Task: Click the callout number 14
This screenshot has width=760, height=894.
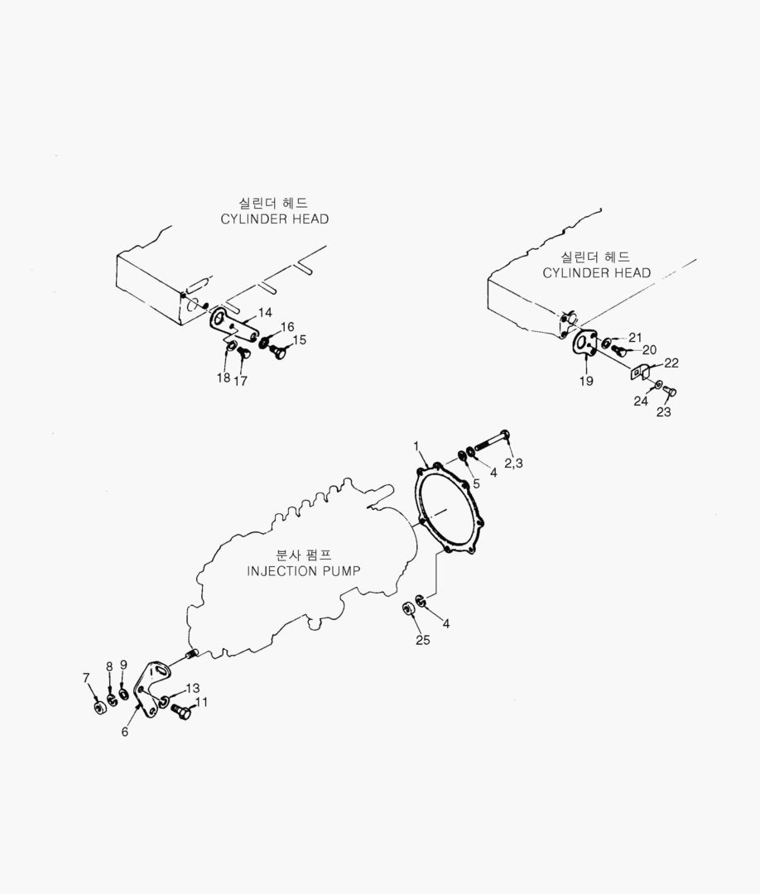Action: [x=265, y=312]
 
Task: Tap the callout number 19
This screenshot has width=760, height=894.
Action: [x=586, y=382]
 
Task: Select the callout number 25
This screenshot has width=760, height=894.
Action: [x=422, y=640]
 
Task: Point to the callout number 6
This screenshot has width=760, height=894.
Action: [x=125, y=732]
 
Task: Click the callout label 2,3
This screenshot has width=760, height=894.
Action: [x=513, y=463]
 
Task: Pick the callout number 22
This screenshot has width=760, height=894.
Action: [x=671, y=363]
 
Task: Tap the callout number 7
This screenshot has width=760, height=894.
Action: [x=86, y=678]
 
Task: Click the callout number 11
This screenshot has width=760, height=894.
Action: [x=201, y=701]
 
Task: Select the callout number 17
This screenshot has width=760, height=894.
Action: [x=240, y=382]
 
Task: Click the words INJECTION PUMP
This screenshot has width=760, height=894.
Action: [x=305, y=571]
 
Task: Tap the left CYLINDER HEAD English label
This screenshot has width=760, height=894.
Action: [x=274, y=219]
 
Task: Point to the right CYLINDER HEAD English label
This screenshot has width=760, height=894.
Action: [x=596, y=272]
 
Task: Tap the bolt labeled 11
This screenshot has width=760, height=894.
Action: [x=180, y=709]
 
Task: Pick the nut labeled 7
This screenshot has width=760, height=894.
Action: [x=98, y=708]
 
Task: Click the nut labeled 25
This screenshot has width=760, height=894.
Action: [x=408, y=610]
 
